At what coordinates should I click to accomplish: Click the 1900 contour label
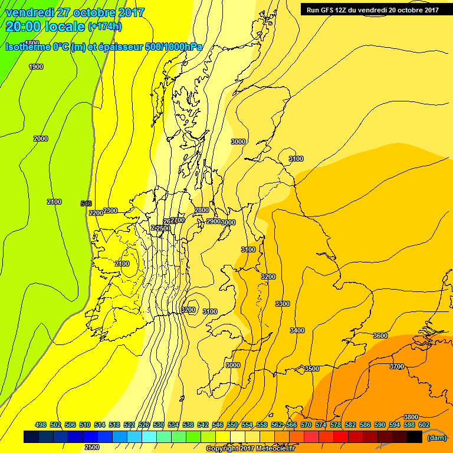[x=36, y=67]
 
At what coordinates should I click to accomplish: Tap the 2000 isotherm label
[x=41, y=139]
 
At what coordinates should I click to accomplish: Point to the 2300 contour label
[x=110, y=211]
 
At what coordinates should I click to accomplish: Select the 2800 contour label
[x=202, y=210]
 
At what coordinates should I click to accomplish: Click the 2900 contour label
[x=213, y=221]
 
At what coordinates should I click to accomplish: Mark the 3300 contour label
[x=283, y=304]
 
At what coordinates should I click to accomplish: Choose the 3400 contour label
[x=297, y=330]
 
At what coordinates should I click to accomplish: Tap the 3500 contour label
[x=311, y=369]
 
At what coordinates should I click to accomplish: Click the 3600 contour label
[x=380, y=336]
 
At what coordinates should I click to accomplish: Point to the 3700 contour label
[x=397, y=366]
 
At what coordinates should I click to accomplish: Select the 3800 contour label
[x=411, y=417]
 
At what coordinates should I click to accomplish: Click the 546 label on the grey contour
[x=86, y=203]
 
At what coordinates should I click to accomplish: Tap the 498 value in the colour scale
[x=41, y=425]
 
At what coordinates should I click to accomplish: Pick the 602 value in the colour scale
[x=424, y=425]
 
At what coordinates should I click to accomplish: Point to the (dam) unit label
[x=436, y=437]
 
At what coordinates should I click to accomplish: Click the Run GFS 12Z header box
[x=372, y=9]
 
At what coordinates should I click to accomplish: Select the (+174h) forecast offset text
[x=104, y=27]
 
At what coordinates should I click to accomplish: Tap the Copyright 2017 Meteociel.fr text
[x=250, y=449]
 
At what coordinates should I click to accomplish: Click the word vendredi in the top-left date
[x=29, y=12]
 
